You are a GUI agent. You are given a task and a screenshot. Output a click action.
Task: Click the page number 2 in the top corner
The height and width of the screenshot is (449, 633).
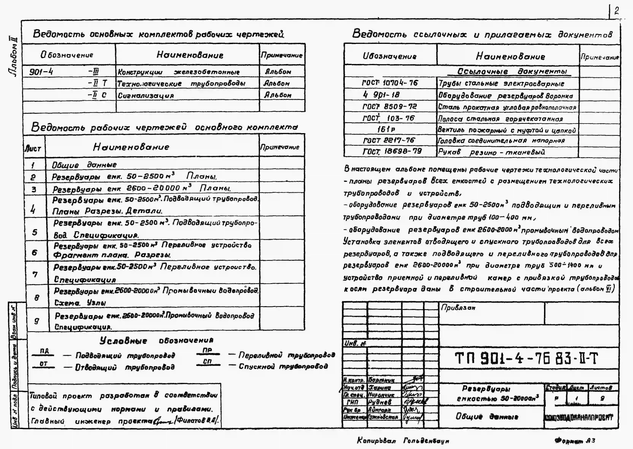(x=616, y=11)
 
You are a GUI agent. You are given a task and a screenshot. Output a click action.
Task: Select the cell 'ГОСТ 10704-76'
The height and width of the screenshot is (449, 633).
(x=390, y=83)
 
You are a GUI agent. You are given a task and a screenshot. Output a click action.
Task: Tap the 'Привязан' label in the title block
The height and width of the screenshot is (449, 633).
(x=458, y=308)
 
